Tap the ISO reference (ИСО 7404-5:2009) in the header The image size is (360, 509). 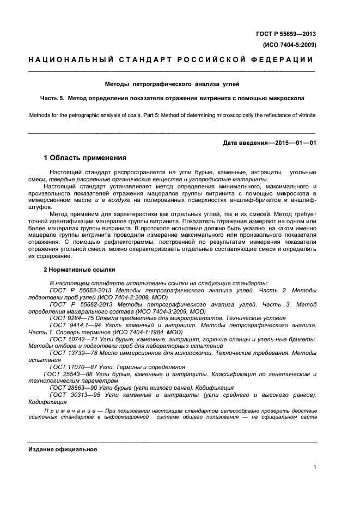coord(289,45)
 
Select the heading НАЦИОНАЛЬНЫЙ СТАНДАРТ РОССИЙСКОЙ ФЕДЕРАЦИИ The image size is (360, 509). coord(171,60)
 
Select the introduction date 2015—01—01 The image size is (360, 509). coord(296,143)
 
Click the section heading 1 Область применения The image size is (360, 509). coord(85,158)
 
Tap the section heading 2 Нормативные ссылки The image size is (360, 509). coord(79,269)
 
